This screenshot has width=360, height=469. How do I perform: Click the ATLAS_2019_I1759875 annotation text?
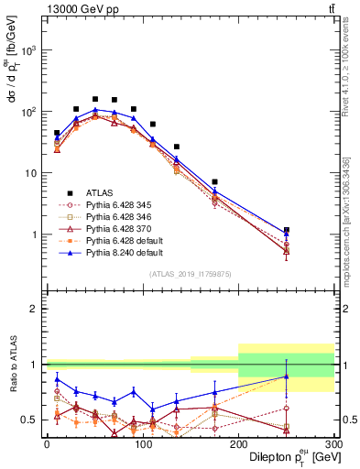point(189,274)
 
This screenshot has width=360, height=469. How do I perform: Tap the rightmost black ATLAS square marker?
point(286,230)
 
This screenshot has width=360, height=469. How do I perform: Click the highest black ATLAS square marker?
point(94,99)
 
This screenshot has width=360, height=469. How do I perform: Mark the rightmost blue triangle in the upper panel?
point(286,234)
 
